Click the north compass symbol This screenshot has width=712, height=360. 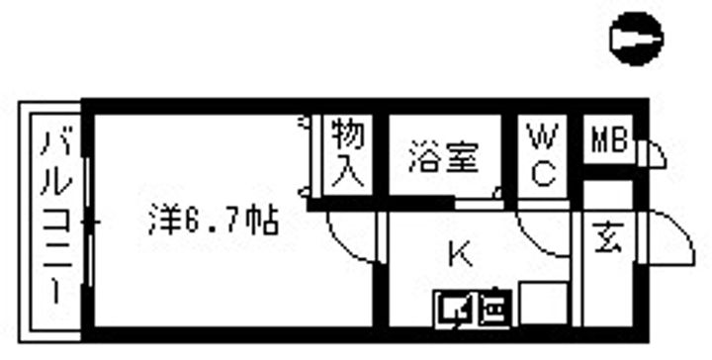pos(637,40)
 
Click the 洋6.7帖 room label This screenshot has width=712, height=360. pos(214,219)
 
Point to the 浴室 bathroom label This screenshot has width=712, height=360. pos(444,157)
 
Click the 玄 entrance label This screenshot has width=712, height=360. pos(606,239)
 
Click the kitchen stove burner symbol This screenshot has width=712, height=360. pos(493,311)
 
